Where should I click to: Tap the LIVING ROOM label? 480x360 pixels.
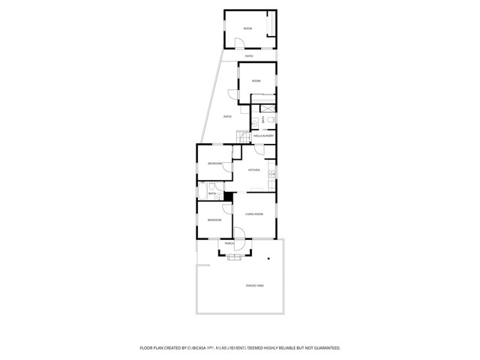254,214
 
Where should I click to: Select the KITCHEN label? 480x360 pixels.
254,169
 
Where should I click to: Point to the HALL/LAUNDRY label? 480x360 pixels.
262,136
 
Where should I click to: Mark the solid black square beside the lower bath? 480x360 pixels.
229,196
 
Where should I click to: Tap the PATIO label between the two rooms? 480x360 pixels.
249,56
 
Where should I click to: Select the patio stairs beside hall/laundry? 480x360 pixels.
242,136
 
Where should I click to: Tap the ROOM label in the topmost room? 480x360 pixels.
248,28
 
